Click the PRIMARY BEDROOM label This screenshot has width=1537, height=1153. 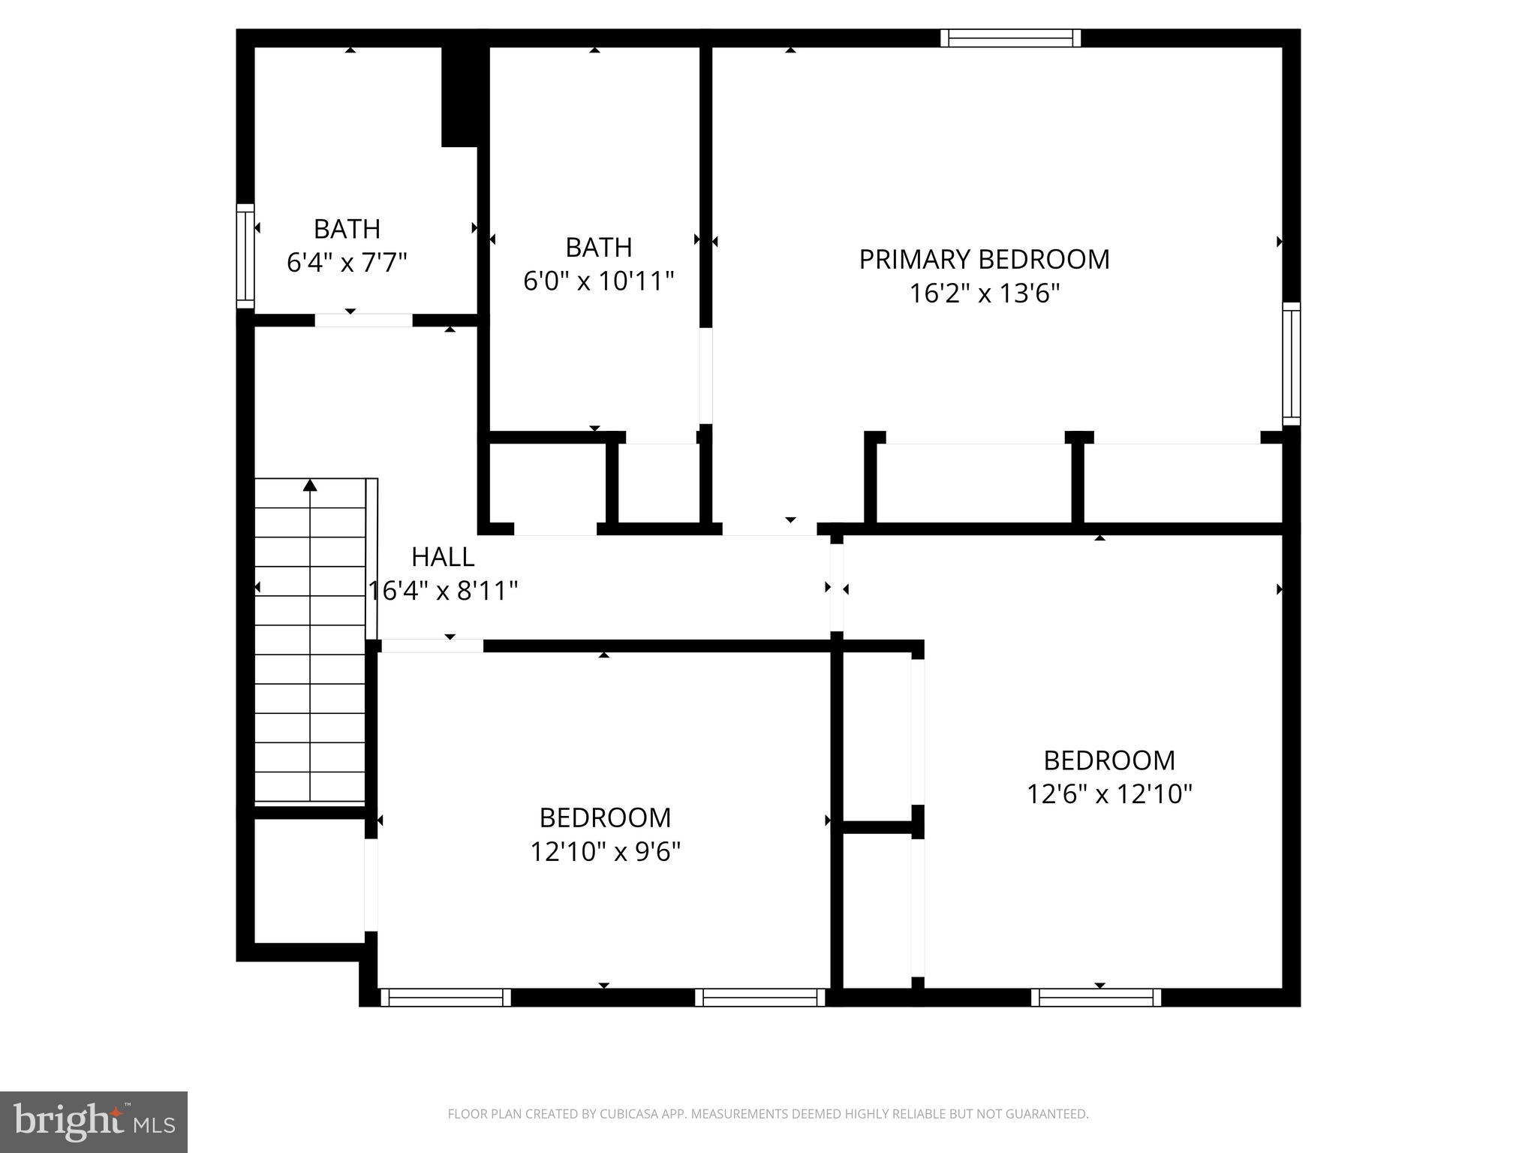pos(984,260)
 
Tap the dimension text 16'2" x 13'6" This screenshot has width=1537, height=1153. pos(984,294)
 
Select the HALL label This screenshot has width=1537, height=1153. pos(443,557)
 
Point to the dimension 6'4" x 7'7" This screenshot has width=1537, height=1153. pos(347,263)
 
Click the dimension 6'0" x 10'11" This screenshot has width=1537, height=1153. pos(598,281)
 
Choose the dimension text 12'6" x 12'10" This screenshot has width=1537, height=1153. pos(1108,794)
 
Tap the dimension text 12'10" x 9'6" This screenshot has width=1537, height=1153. pos(605,852)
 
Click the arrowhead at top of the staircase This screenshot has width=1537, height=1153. pos(310,486)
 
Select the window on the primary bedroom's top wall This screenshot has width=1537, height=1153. pos(1010,38)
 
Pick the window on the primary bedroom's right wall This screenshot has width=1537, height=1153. pos(1291,363)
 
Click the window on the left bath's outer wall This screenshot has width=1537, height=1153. pos(245,255)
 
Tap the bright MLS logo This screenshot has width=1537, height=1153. pos(94,1121)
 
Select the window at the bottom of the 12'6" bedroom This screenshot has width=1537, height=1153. pos(1096,998)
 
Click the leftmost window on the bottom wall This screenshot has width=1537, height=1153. pos(446,998)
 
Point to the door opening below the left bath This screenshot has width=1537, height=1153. pos(363,321)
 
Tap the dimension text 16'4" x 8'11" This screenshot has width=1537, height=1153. pos(443,592)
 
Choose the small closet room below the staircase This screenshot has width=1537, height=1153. pos(309,880)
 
